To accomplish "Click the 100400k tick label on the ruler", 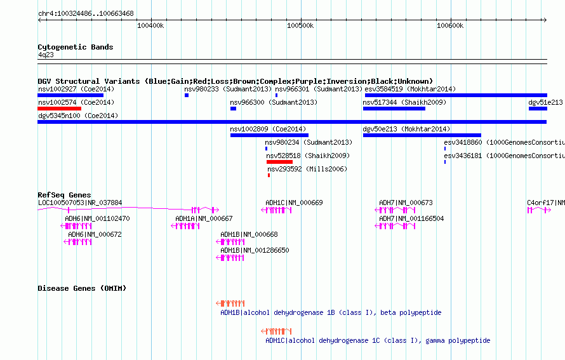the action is click(x=150, y=25).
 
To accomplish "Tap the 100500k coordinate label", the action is click(x=300, y=25).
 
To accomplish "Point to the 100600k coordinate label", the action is click(x=450, y=25).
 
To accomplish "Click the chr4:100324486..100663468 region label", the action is click(x=86, y=13).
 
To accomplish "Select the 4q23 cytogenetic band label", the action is click(x=46, y=55).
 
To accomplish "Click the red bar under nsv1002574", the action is click(x=60, y=109).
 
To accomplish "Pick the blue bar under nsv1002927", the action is click(x=70, y=95).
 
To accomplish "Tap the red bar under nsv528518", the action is click(x=279, y=162).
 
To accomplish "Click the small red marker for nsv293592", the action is click(x=269, y=175).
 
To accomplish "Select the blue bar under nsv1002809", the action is click(x=270, y=135).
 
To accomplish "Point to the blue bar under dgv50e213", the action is click(x=422, y=135).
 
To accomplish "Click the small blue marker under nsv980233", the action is click(x=187, y=95).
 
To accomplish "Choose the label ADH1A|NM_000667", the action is click(x=204, y=218).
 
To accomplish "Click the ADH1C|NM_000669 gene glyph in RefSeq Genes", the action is click(x=276, y=210).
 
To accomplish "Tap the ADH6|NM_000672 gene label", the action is click(x=95, y=234).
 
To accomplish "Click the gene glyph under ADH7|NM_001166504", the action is click(x=395, y=226).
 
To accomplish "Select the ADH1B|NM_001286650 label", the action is click(x=255, y=250).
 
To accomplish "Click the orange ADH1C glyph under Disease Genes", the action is click(x=276, y=331).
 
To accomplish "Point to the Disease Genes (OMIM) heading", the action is click(x=82, y=288).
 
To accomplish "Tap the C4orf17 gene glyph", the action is click(x=539, y=210).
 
